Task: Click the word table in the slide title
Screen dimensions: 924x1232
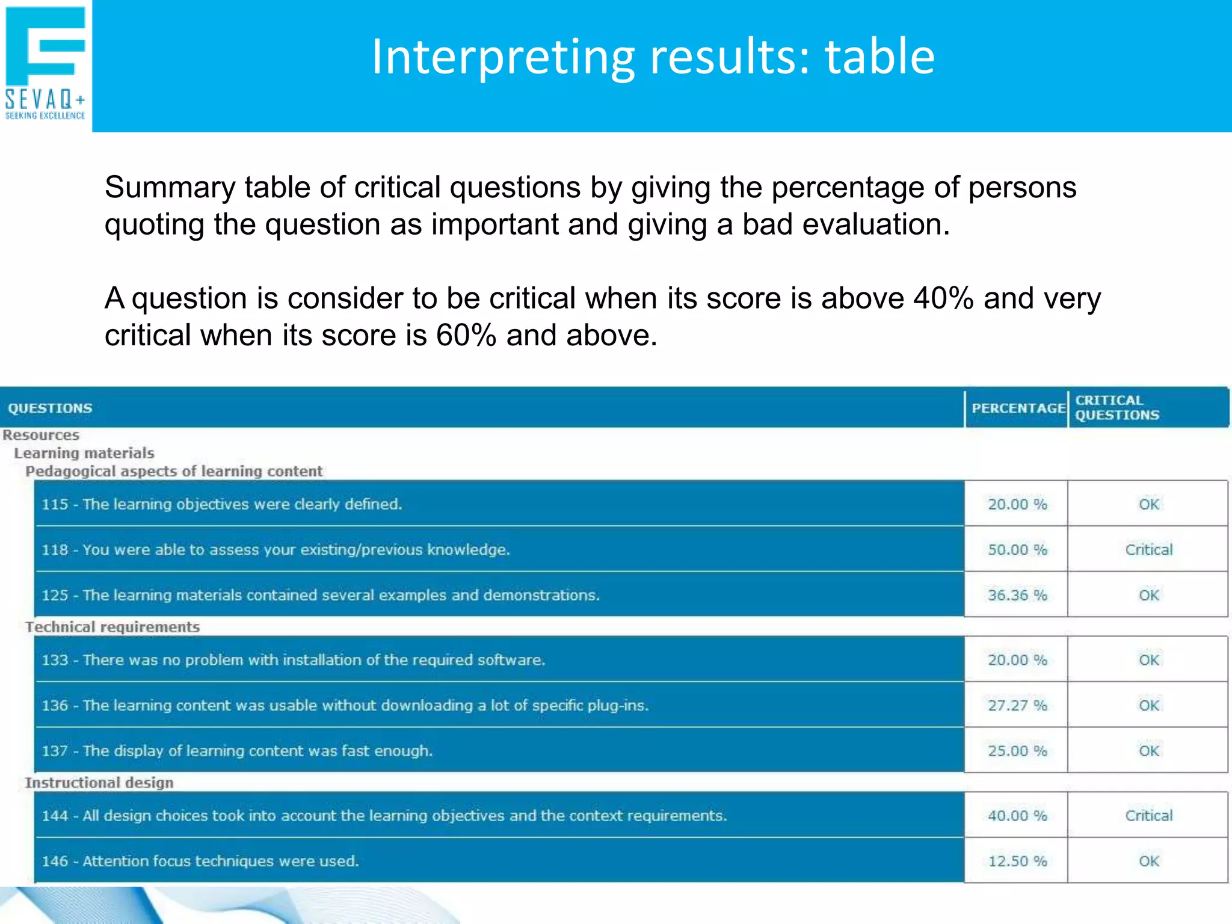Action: click(879, 57)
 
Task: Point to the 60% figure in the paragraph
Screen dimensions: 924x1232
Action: click(466, 335)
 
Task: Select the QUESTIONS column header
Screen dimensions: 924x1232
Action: click(50, 408)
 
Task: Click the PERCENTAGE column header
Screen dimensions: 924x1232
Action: click(1018, 408)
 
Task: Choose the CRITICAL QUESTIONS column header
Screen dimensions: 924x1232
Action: click(1116, 408)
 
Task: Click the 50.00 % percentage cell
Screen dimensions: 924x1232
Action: click(1017, 550)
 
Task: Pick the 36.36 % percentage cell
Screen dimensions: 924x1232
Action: click(1017, 596)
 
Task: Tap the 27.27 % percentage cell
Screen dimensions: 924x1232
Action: click(1017, 706)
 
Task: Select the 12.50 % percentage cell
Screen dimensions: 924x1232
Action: click(1017, 861)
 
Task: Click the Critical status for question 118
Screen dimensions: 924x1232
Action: click(1148, 550)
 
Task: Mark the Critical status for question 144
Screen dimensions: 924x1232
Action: click(1148, 816)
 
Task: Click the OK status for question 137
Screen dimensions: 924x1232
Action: click(1148, 751)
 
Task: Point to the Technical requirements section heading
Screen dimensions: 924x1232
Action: click(112, 627)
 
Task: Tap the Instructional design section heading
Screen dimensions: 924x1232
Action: click(99, 783)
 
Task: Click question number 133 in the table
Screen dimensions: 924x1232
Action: click(55, 661)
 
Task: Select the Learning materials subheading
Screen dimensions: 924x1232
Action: click(84, 453)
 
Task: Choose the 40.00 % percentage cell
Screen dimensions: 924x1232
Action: click(1017, 816)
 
